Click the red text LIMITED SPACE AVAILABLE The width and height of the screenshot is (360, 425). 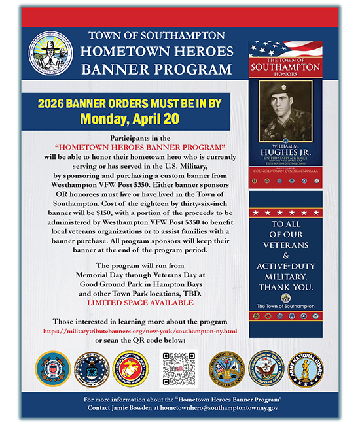pos(136,304)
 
